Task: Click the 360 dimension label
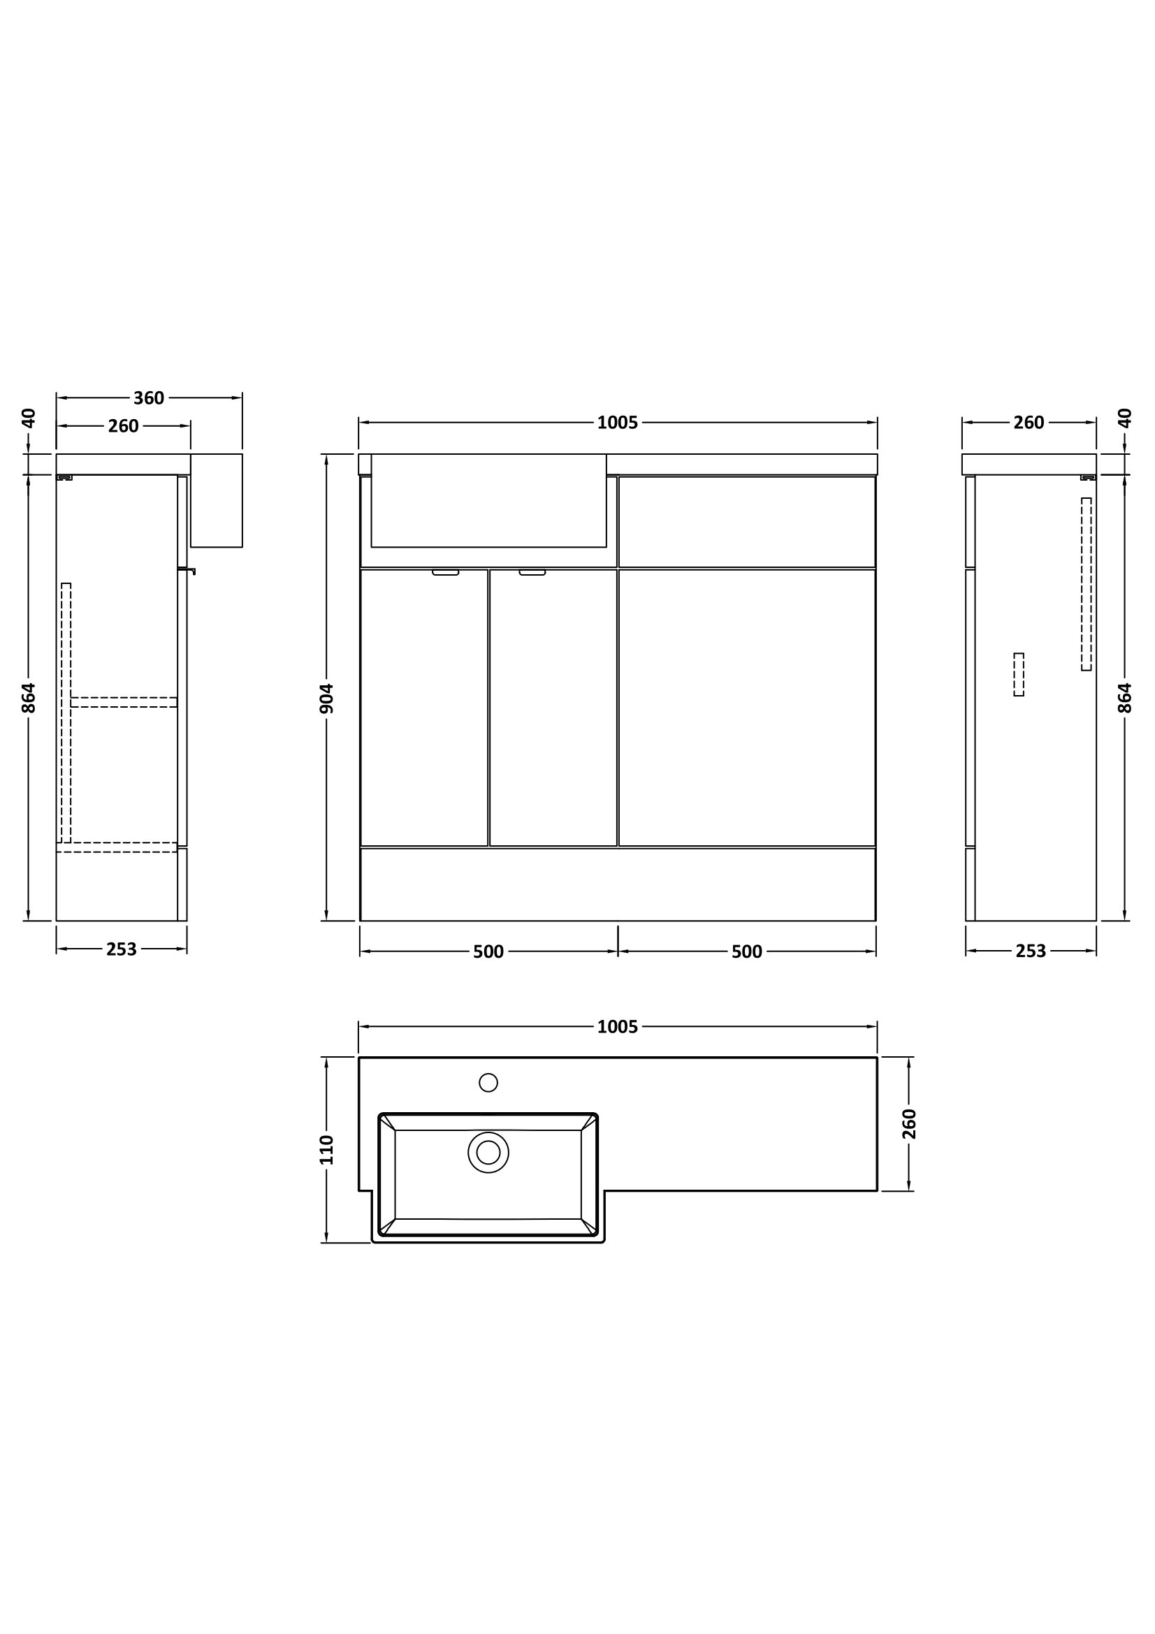(149, 397)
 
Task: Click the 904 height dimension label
(326, 698)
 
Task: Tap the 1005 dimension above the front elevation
(618, 423)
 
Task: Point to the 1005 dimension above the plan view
(618, 1027)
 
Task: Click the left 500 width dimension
(488, 951)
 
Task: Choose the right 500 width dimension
(746, 951)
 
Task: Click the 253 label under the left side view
(122, 949)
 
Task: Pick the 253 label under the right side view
(1031, 951)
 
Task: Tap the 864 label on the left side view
(29, 698)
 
